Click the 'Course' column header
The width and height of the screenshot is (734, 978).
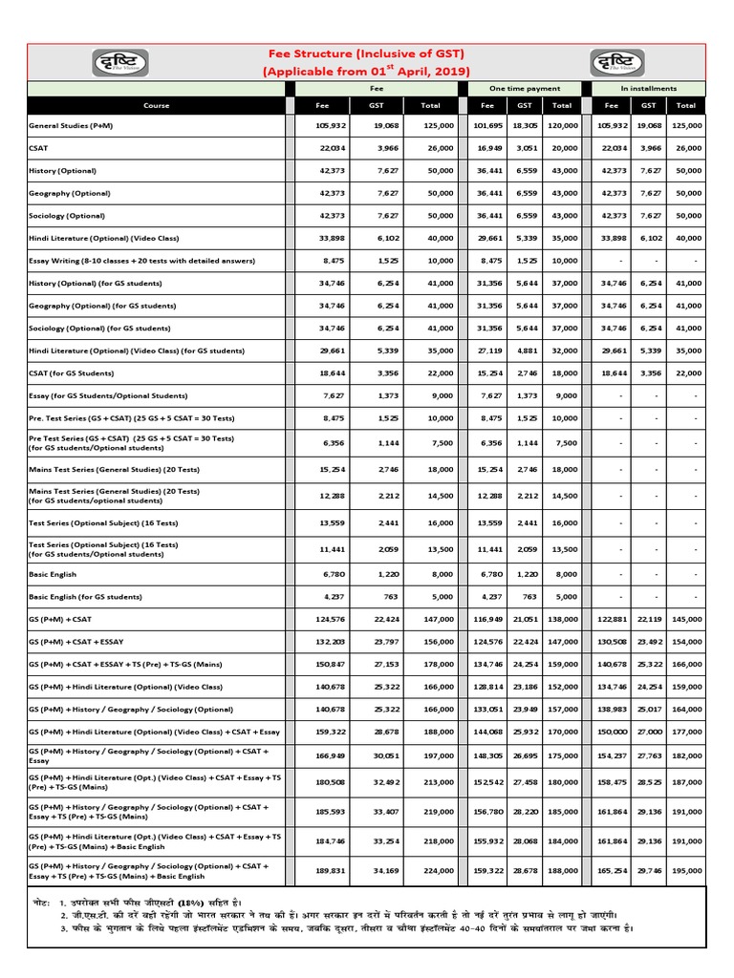pos(156,105)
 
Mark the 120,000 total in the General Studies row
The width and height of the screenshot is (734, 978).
pos(562,125)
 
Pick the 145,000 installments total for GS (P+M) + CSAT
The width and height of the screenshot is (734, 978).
pos(685,620)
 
